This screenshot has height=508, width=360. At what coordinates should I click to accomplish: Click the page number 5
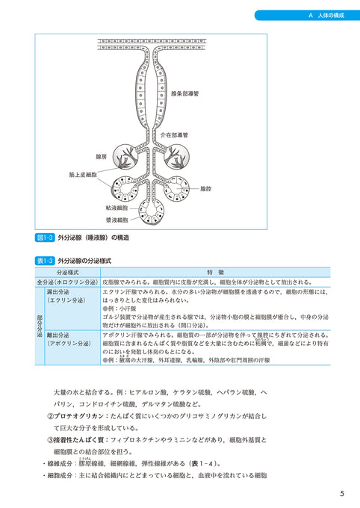pos(341,493)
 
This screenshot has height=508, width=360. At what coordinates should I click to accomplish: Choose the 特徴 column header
pos(215,273)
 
